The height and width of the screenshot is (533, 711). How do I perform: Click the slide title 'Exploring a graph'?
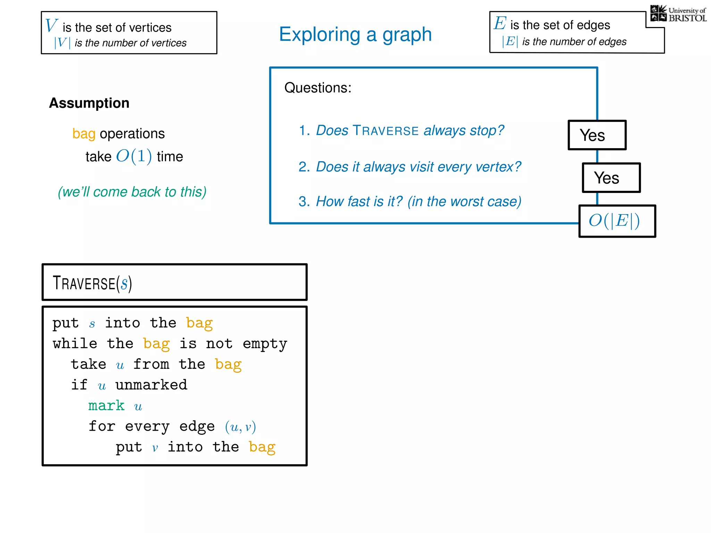coord(355,34)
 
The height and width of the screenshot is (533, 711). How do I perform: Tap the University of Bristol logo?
coord(678,14)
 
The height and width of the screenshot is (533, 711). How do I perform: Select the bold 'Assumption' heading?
coord(89,103)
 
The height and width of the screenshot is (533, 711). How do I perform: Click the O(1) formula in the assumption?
coord(134,156)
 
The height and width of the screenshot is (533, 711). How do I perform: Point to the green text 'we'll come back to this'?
coord(132,192)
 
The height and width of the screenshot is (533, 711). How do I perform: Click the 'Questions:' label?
coord(318,88)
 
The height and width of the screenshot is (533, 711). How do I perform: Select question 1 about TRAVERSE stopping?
coord(401,130)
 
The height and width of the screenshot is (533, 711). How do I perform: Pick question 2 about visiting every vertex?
coord(410,167)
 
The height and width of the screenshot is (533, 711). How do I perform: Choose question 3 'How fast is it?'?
coord(410,202)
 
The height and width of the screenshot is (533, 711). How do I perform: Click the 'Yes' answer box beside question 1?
coord(597,135)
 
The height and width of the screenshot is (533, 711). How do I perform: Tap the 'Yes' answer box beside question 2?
coord(611,178)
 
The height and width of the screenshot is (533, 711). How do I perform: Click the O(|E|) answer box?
coord(617,221)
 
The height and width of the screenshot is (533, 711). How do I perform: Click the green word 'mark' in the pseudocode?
coord(106,406)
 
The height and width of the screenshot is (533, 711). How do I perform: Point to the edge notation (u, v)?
coord(240,427)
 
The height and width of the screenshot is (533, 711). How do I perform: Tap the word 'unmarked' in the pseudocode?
coord(151,385)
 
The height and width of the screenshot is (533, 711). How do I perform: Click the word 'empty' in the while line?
coord(265,344)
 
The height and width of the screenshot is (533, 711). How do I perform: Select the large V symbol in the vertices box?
coord(51,26)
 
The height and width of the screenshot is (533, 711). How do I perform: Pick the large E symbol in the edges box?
coord(500,23)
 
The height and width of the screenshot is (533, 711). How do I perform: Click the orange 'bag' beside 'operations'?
coord(84,134)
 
